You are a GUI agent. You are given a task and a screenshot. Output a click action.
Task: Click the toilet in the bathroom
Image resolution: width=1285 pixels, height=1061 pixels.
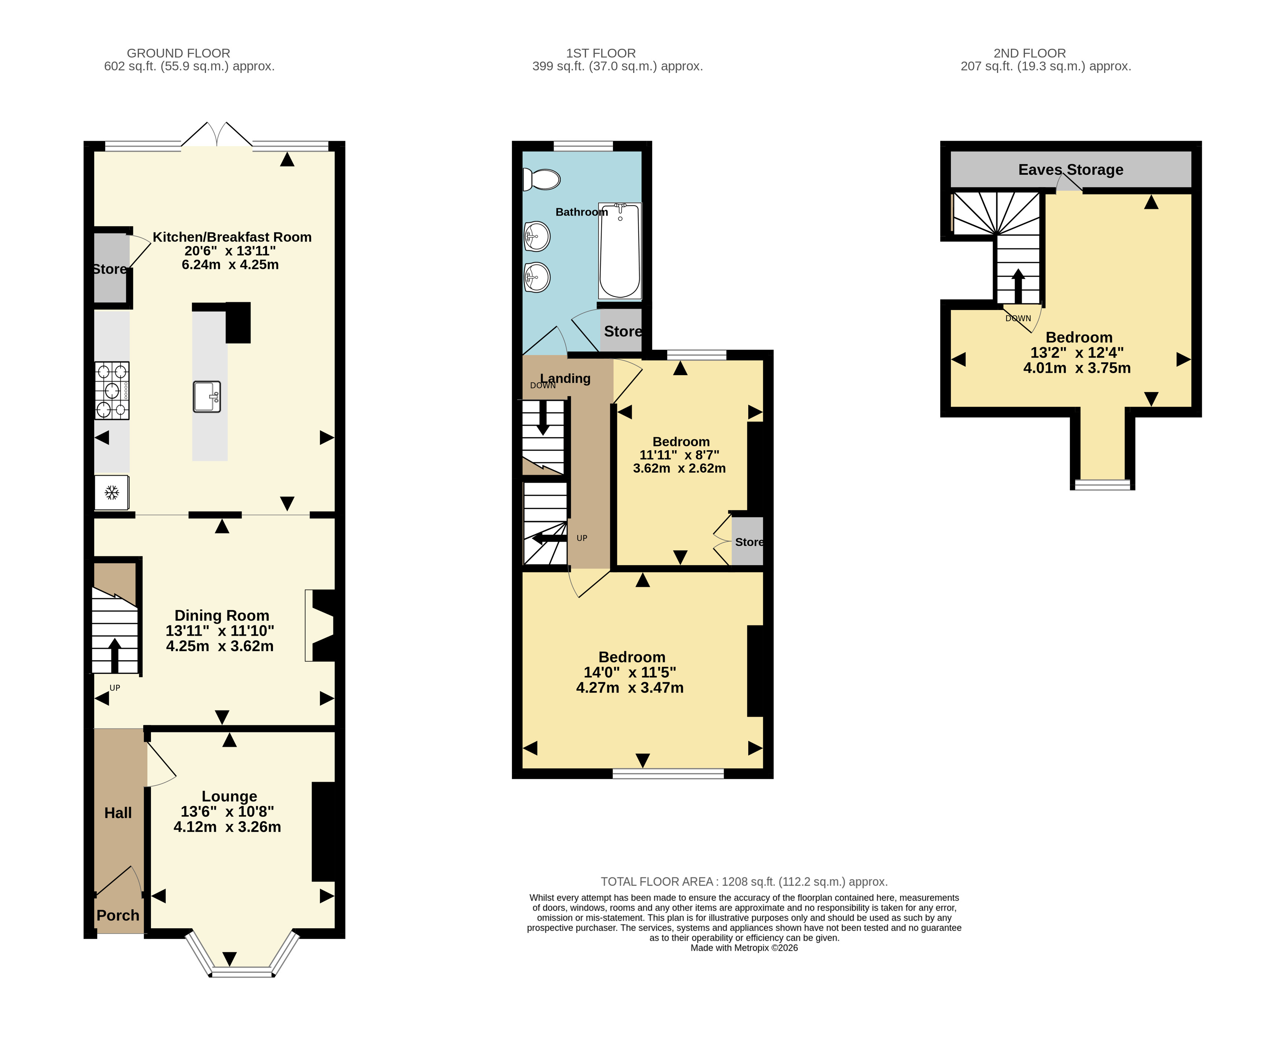point(542,180)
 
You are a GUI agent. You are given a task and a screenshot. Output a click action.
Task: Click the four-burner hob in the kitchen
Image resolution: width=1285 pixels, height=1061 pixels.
point(112,391)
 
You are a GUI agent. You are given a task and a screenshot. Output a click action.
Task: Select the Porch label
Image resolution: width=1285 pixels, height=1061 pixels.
point(118,915)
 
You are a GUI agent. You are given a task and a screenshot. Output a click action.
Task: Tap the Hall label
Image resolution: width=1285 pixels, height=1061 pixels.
point(118,813)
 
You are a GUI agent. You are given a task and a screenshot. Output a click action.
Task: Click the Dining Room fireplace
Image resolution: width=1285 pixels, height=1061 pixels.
point(320,625)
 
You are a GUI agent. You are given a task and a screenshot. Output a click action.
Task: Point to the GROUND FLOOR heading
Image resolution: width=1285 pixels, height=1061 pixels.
point(178,53)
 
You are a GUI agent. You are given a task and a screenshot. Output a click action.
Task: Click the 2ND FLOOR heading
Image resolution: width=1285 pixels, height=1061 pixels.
point(1030,53)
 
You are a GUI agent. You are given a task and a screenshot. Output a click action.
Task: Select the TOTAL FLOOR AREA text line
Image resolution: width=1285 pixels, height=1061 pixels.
point(744,881)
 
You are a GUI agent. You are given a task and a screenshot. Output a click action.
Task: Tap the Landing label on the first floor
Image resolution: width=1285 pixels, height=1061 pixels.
point(565,378)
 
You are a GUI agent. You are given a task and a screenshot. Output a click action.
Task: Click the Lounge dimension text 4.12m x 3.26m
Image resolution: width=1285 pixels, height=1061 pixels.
point(228,827)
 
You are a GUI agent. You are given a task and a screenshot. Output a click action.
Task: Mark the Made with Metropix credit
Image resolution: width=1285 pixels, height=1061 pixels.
point(744,948)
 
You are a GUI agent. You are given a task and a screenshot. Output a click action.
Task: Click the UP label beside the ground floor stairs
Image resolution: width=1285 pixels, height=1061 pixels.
point(115,688)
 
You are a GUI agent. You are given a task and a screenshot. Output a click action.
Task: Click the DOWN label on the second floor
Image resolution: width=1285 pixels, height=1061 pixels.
point(1018,318)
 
